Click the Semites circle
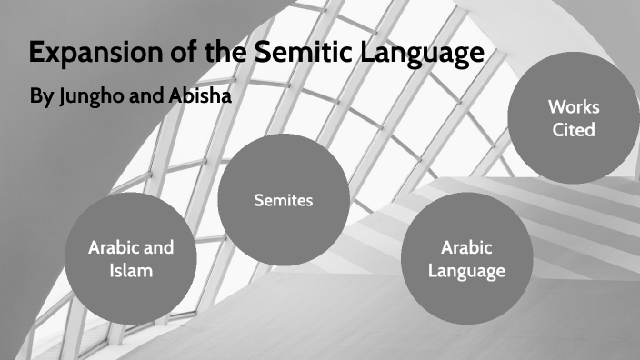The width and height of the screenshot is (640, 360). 283,200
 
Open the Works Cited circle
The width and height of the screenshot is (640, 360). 574,118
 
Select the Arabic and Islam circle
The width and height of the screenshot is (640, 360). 131,258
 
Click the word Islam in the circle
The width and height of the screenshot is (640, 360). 131,270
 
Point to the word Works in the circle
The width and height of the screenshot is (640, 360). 574,106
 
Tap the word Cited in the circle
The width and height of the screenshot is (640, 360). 574,130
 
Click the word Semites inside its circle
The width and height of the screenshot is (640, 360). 283,200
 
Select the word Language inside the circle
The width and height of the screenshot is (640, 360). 466,270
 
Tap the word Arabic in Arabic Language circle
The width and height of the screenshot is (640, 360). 466,246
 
